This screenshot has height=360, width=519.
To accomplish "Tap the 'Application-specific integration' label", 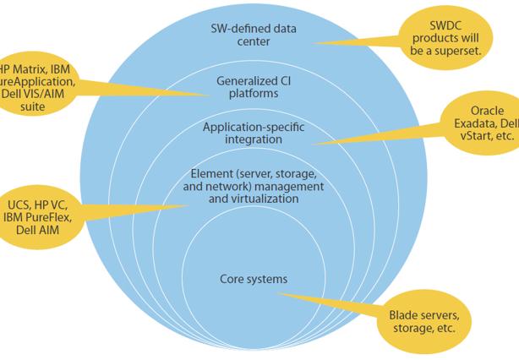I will click(253, 133).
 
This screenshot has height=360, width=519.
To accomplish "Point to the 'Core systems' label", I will click(254, 278).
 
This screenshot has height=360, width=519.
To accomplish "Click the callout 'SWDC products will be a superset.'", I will click(450, 37).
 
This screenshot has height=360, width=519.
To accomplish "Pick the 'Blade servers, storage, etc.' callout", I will click(423, 321).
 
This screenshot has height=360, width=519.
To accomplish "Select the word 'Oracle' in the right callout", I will click(489, 110).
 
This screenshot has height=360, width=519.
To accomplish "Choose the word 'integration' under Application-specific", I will click(253, 139).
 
